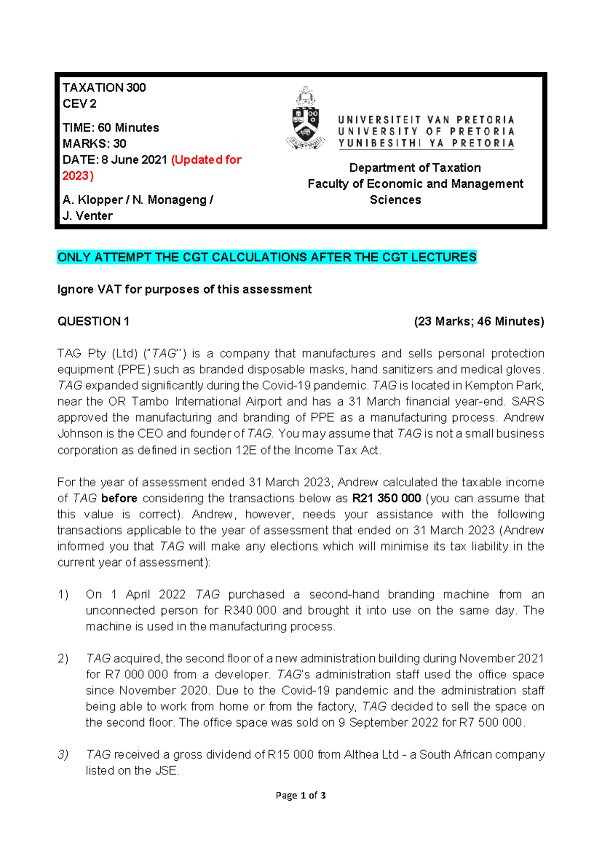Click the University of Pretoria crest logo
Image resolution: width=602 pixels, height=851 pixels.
[305, 119]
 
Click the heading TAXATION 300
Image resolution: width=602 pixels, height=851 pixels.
[104, 88]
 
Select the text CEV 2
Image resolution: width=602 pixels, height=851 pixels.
[79, 104]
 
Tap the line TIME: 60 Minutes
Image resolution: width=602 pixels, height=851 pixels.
[110, 128]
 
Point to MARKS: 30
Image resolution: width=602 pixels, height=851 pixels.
[94, 144]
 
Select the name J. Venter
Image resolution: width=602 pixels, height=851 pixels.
[87, 216]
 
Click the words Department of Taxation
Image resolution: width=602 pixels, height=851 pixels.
[415, 168]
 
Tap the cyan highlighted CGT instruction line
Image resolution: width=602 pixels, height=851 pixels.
[266, 257]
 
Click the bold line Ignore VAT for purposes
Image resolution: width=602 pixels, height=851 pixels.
[184, 290]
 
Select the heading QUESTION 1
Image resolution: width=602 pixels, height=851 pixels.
[93, 322]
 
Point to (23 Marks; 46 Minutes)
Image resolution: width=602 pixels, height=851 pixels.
[479, 322]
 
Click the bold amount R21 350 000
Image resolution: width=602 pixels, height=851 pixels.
[386, 498]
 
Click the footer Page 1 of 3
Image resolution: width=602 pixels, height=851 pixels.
[300, 795]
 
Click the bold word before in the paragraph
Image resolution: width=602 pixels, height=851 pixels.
[119, 498]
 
